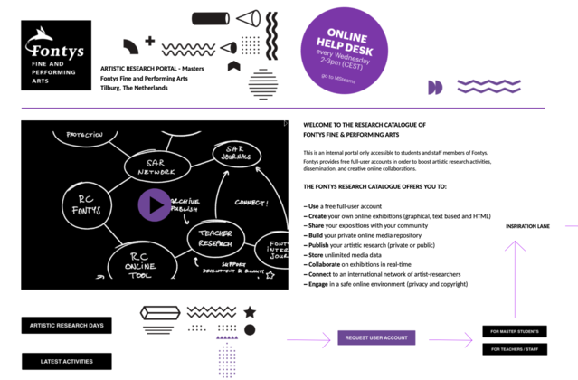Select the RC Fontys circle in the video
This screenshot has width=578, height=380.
coord(88,204)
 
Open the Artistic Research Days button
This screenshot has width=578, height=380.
coord(66,325)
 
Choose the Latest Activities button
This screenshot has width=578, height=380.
coord(66,362)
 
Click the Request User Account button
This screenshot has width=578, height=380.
coord(376,337)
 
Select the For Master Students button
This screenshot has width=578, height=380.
coord(514,332)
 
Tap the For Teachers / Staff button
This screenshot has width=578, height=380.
coord(514,349)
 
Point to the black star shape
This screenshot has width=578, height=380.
coord(250,312)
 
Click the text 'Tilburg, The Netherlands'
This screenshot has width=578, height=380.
coord(134,88)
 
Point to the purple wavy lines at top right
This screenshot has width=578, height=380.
coord(488,86)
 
